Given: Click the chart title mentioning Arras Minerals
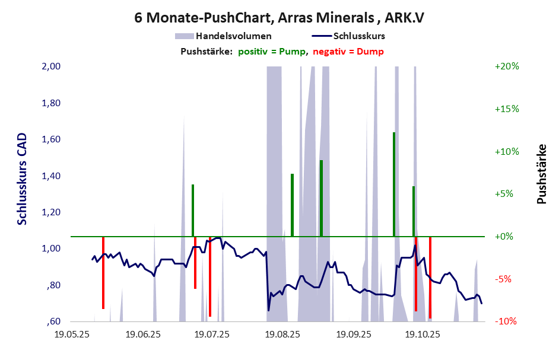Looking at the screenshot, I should point(279,18).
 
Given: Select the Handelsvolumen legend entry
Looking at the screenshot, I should point(233,36).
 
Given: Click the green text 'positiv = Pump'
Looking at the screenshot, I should point(272,52).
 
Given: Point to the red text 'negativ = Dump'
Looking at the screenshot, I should point(348,52).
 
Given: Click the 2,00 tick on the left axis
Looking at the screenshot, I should point(52,66).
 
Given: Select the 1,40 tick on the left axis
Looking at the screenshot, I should point(52,176).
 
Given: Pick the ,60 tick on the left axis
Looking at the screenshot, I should point(53,322).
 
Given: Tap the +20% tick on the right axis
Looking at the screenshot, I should point(506,66).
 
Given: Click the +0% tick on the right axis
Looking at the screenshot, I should point(506,237).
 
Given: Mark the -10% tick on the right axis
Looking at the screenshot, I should point(506,321).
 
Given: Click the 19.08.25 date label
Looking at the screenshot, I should point(282,335).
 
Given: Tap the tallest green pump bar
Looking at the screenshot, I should point(394,184).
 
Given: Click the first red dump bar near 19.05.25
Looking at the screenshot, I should point(103,273).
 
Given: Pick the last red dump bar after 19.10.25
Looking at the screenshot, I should point(430,278).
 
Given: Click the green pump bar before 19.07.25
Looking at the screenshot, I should point(193,211).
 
